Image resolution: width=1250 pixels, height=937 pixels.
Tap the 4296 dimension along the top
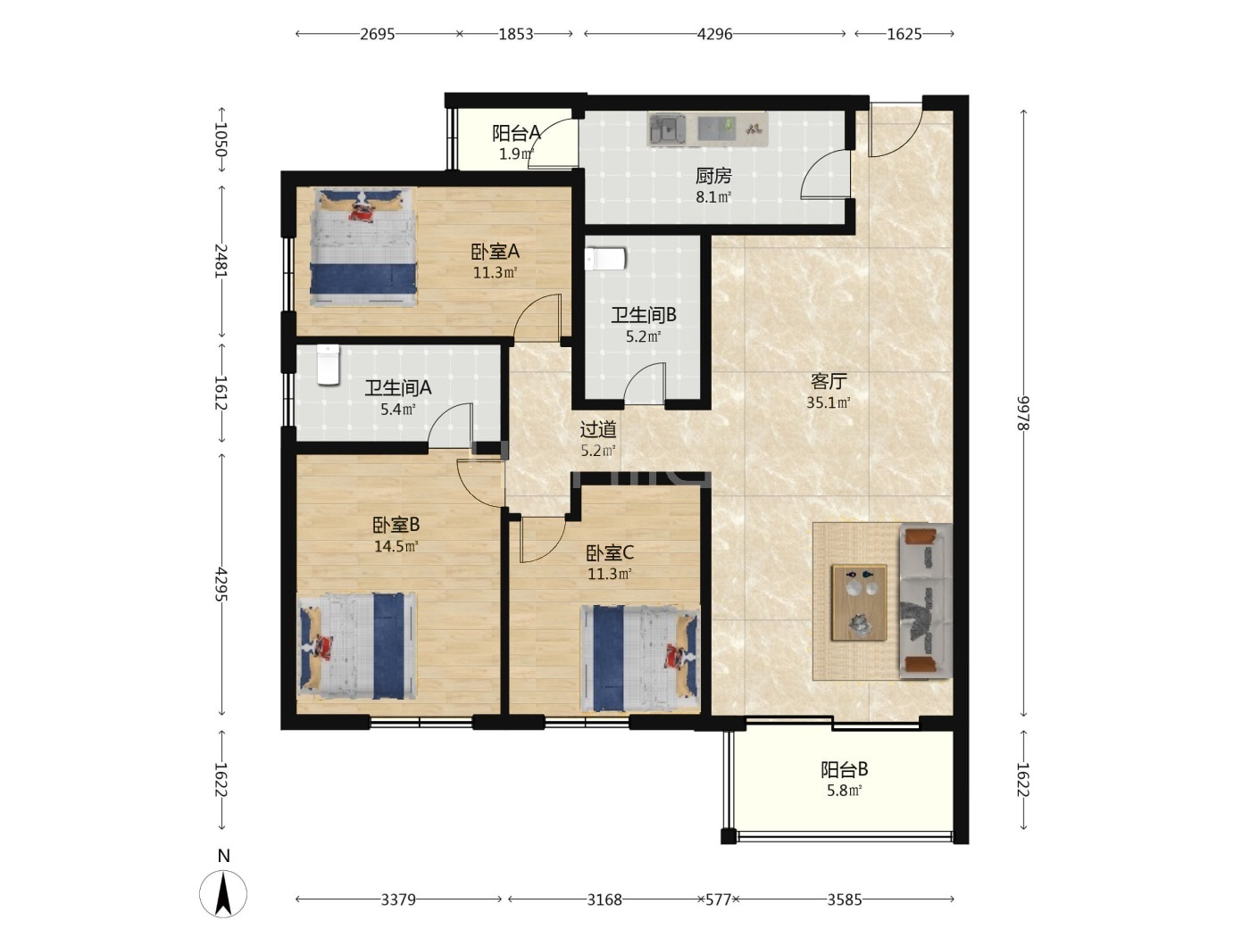[x=714, y=34]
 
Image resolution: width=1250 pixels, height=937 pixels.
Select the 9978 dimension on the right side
[x=1023, y=413]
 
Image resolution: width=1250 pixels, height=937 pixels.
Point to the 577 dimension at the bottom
[x=718, y=900]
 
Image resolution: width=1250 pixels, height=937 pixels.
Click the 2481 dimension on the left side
[x=221, y=261]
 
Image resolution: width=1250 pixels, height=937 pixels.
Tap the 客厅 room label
[x=829, y=381]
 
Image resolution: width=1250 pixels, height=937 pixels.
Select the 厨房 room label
[x=713, y=176]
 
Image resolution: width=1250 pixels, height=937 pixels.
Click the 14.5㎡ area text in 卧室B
[x=396, y=547]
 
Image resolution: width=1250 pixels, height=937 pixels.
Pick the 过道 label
[x=598, y=429]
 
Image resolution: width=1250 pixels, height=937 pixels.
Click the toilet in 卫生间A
[x=328, y=365]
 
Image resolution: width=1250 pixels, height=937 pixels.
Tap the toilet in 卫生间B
[x=604, y=259]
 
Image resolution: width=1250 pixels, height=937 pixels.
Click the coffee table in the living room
[x=859, y=602]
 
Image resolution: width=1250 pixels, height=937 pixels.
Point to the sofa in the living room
[x=925, y=601]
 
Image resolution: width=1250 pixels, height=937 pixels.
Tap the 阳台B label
[x=844, y=770]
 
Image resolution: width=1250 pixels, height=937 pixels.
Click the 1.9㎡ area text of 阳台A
[x=516, y=154]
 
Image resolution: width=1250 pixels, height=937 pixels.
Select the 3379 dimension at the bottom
[x=398, y=900]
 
